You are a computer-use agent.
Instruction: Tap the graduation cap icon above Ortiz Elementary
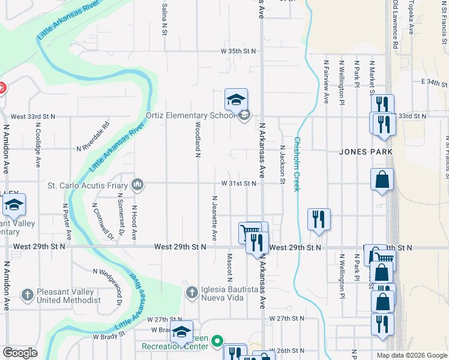(x=237, y=99)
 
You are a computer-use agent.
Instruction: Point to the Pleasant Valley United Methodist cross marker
(x=27, y=295)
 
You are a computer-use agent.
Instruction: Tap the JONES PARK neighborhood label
(x=366, y=152)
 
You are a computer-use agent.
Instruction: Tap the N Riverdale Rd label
(x=93, y=136)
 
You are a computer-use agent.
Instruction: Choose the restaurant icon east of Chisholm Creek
(x=318, y=220)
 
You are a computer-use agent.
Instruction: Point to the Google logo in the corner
(x=20, y=352)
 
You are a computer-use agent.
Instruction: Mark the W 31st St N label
(x=238, y=184)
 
